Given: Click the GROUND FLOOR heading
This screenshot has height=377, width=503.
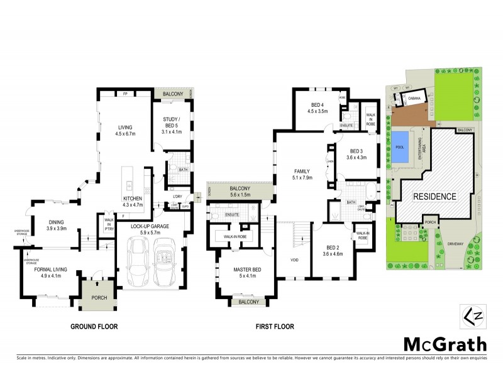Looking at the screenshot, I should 94,327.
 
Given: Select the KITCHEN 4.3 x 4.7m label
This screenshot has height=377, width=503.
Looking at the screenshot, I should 133,201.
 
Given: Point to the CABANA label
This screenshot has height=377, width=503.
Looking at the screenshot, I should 414,99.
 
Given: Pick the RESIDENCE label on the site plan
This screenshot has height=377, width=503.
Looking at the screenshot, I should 434,197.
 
